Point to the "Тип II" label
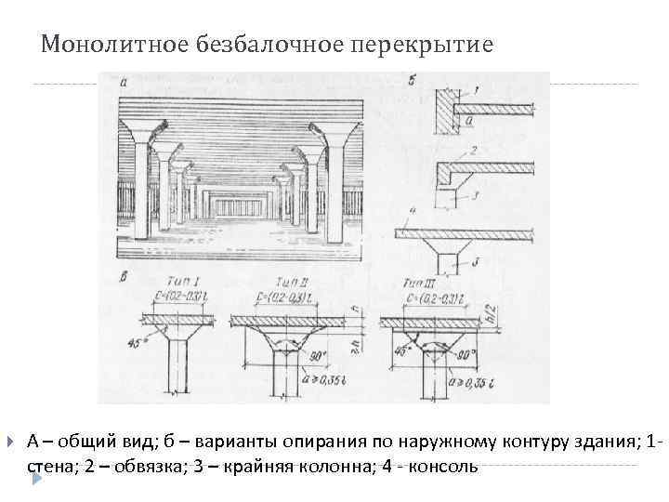coord(293,280)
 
